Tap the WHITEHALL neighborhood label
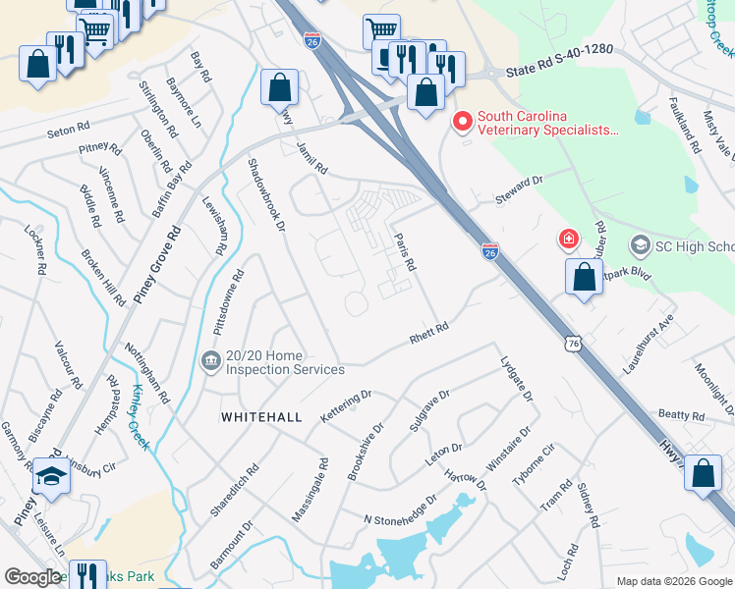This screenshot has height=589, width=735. (x=261, y=417)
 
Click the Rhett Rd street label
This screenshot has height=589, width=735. (x=428, y=334)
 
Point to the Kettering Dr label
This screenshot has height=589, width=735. (x=347, y=407)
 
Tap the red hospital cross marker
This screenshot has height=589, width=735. (x=568, y=238)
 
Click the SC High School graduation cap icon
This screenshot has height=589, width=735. (x=641, y=244)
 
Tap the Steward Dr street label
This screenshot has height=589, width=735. (x=520, y=187)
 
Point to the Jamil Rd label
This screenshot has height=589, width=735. (x=311, y=157)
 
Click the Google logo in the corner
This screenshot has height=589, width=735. (x=33, y=577)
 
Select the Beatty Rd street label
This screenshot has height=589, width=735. (x=682, y=416)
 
